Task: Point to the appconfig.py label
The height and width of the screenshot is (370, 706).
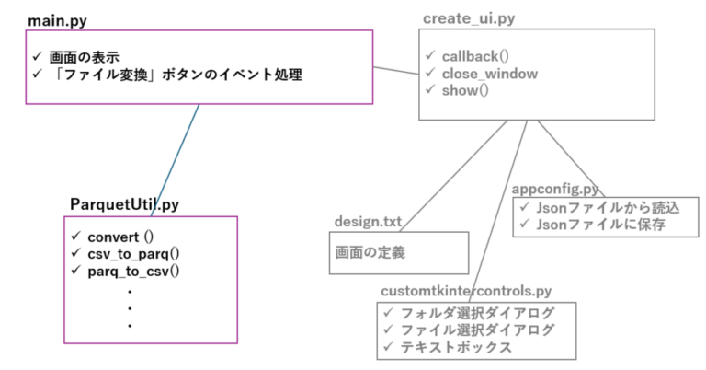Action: click(x=555, y=189)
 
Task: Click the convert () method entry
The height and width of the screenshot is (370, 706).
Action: click(x=120, y=237)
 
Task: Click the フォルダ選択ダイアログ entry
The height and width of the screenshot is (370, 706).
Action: click(x=478, y=313)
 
